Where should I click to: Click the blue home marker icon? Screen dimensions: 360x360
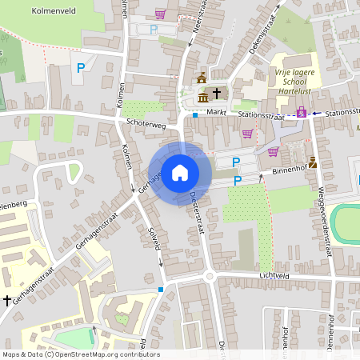[180, 172]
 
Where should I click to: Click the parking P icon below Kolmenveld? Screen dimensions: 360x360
[81, 69]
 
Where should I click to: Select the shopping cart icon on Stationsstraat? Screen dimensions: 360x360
[247, 133]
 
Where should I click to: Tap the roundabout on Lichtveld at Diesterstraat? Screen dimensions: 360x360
[210, 277]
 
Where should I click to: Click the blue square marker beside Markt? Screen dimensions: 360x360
[195, 115]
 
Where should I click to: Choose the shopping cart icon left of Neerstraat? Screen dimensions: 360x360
[161, 14]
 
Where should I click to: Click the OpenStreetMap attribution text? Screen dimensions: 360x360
[81, 354]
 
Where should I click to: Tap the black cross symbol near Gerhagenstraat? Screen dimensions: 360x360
[7, 299]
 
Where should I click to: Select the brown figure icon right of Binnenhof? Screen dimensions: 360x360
[312, 163]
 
